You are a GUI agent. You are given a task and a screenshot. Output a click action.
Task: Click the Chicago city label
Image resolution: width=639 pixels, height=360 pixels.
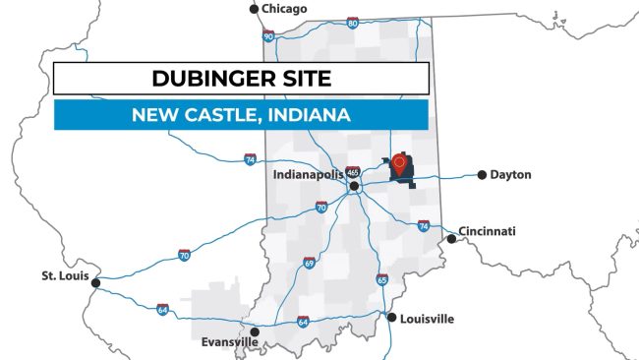pyautogui.click(x=285, y=9)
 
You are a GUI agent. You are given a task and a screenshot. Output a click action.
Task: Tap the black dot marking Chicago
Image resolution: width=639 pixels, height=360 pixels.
pyautogui.click(x=255, y=9)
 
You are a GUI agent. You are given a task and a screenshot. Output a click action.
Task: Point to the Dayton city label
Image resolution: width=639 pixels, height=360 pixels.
pyautogui.click(x=511, y=175)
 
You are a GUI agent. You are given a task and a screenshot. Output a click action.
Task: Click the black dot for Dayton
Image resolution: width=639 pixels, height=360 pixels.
pyautogui.click(x=482, y=175)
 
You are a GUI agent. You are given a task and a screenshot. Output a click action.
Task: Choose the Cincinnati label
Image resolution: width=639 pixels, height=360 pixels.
pyautogui.click(x=488, y=232)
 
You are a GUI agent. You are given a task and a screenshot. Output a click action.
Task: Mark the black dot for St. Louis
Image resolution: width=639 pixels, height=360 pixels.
pyautogui.click(x=95, y=283)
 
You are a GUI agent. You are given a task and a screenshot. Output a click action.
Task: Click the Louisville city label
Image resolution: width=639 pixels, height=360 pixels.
pyautogui.click(x=428, y=319)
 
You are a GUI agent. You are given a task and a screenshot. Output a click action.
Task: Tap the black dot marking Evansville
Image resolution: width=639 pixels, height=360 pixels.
pyautogui.click(x=255, y=331)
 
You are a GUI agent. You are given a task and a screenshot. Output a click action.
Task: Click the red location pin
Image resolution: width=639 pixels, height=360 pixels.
pyautogui.click(x=399, y=163)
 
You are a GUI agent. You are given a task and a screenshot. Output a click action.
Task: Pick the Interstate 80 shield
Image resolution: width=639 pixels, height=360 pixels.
pyautogui.click(x=352, y=23)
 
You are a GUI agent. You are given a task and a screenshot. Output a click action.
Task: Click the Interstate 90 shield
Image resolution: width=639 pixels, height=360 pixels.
pyautogui.click(x=268, y=36)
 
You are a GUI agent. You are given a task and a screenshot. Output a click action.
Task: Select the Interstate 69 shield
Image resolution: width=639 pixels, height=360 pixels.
pyautogui.click(x=309, y=263)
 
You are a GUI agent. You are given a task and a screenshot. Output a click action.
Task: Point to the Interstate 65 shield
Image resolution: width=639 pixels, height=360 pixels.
pyautogui.click(x=381, y=279)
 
